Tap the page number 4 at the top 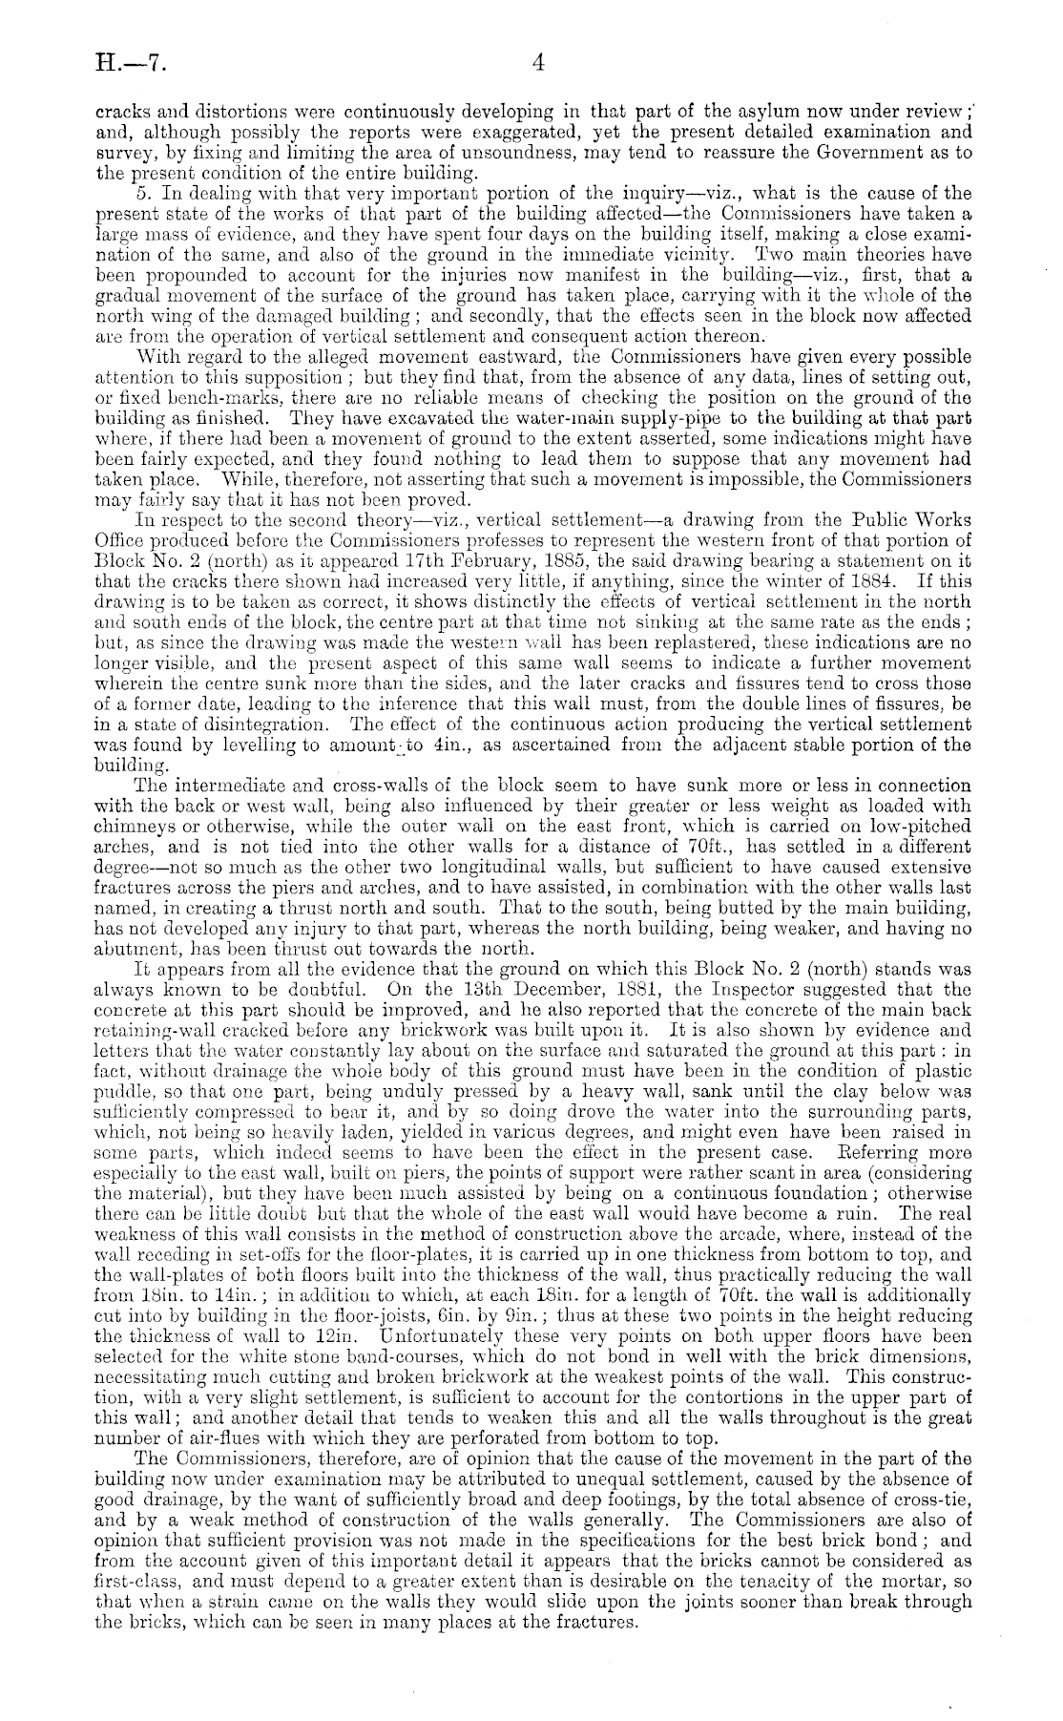point(538,64)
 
